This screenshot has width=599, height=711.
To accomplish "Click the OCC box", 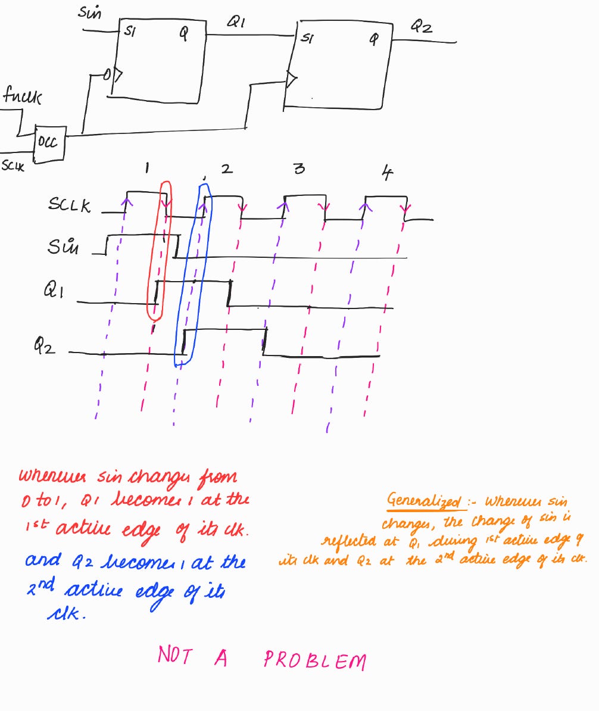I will point(49,144).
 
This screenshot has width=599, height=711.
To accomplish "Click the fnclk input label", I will point(23,96).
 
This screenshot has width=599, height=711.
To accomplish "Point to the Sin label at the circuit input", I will point(90,12).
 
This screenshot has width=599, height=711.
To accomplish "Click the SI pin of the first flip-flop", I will point(129,33).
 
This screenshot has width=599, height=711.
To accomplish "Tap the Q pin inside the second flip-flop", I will point(373,40).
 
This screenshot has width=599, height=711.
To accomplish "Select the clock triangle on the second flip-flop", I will point(291,79).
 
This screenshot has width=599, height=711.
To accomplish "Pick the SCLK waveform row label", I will point(70,206).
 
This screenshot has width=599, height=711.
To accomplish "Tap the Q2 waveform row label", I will point(45,345).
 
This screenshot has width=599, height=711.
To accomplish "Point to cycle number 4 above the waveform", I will point(387,173).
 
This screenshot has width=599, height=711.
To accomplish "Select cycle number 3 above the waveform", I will point(299,169).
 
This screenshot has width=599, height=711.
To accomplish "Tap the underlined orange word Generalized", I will point(424,501).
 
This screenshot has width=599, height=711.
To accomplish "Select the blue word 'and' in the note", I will point(43,560).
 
